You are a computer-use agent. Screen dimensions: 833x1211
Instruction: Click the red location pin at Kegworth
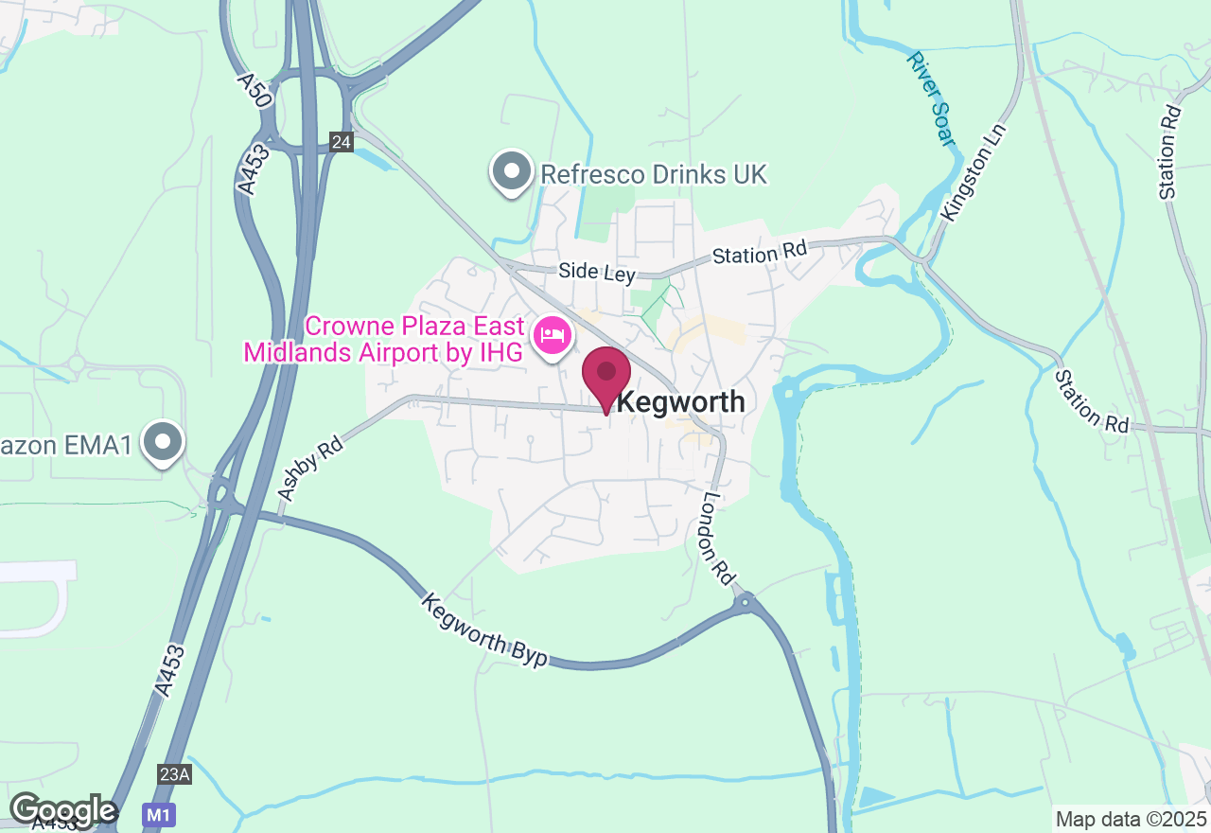(x=606, y=375)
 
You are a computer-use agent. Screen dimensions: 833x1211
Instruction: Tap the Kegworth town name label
(x=681, y=402)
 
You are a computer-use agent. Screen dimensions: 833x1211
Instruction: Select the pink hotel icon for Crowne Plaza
(x=553, y=335)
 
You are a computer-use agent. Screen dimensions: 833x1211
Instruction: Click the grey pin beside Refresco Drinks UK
(x=512, y=172)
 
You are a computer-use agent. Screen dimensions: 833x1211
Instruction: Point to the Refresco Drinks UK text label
(x=653, y=174)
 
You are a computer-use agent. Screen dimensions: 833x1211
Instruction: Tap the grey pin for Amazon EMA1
(x=163, y=441)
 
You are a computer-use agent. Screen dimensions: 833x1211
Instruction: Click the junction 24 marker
(x=342, y=142)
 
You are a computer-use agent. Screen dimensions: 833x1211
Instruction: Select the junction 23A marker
(x=175, y=774)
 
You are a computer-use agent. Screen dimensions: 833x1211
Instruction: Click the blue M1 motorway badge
(x=157, y=813)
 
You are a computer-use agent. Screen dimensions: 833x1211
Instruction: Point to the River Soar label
(x=931, y=98)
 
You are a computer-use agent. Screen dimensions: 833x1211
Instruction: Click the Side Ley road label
(x=596, y=272)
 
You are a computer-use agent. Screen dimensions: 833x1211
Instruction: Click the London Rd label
(x=719, y=536)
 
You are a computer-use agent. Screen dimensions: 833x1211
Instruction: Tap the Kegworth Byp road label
(x=484, y=629)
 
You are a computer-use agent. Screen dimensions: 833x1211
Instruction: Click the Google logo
(x=62, y=810)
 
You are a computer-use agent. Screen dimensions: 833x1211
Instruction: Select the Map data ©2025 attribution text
(x=1131, y=819)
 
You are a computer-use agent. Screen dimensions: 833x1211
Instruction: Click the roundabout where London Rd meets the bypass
(x=746, y=600)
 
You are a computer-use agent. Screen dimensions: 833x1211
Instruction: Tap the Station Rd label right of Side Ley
(x=760, y=253)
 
